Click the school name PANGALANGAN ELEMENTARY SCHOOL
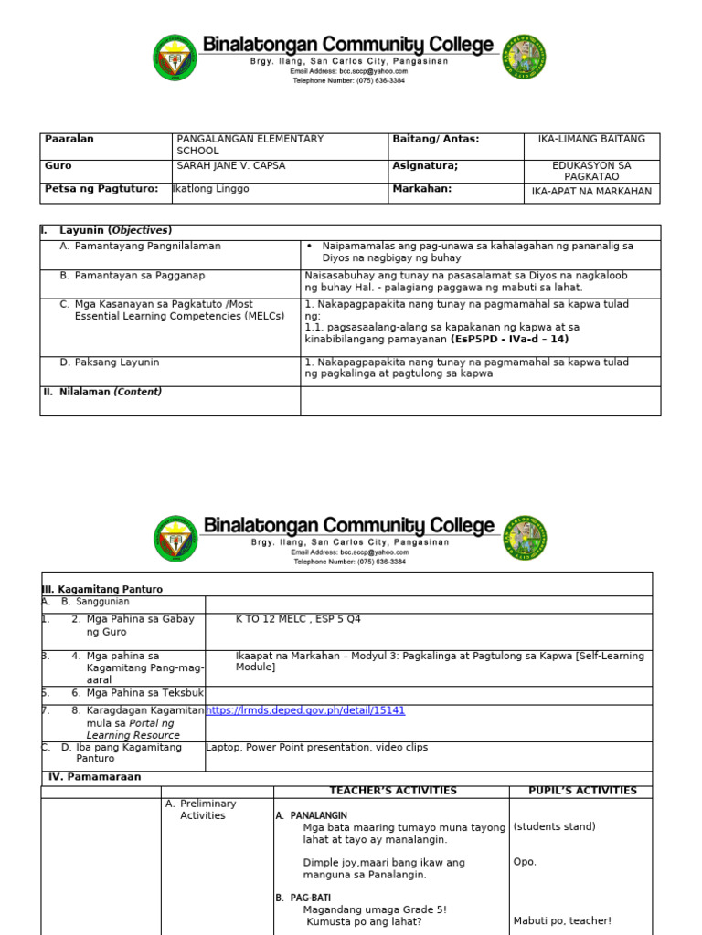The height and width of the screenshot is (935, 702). (x=250, y=144)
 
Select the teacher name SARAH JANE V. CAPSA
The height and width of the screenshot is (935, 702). (x=230, y=166)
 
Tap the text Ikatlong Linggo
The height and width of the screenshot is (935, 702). (x=211, y=189)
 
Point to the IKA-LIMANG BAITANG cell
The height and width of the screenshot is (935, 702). (x=591, y=139)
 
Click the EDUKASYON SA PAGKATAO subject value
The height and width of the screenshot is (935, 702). (x=591, y=171)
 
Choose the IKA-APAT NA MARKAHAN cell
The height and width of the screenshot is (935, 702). (x=591, y=192)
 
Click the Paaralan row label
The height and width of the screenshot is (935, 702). (x=69, y=139)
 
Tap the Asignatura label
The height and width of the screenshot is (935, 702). (x=425, y=166)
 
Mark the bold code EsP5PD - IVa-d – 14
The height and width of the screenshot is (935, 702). (x=509, y=339)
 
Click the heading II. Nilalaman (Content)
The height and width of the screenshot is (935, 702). (x=102, y=392)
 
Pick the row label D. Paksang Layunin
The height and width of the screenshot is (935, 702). (x=110, y=362)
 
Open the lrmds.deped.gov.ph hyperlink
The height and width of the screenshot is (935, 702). (x=305, y=710)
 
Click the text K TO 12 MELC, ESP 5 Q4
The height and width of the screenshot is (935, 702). (x=298, y=619)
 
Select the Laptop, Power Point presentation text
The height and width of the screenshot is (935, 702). (x=316, y=747)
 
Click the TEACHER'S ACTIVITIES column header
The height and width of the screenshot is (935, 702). (x=392, y=791)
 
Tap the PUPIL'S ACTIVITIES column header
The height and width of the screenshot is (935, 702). (x=582, y=791)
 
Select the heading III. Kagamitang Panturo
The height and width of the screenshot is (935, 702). (x=102, y=590)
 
